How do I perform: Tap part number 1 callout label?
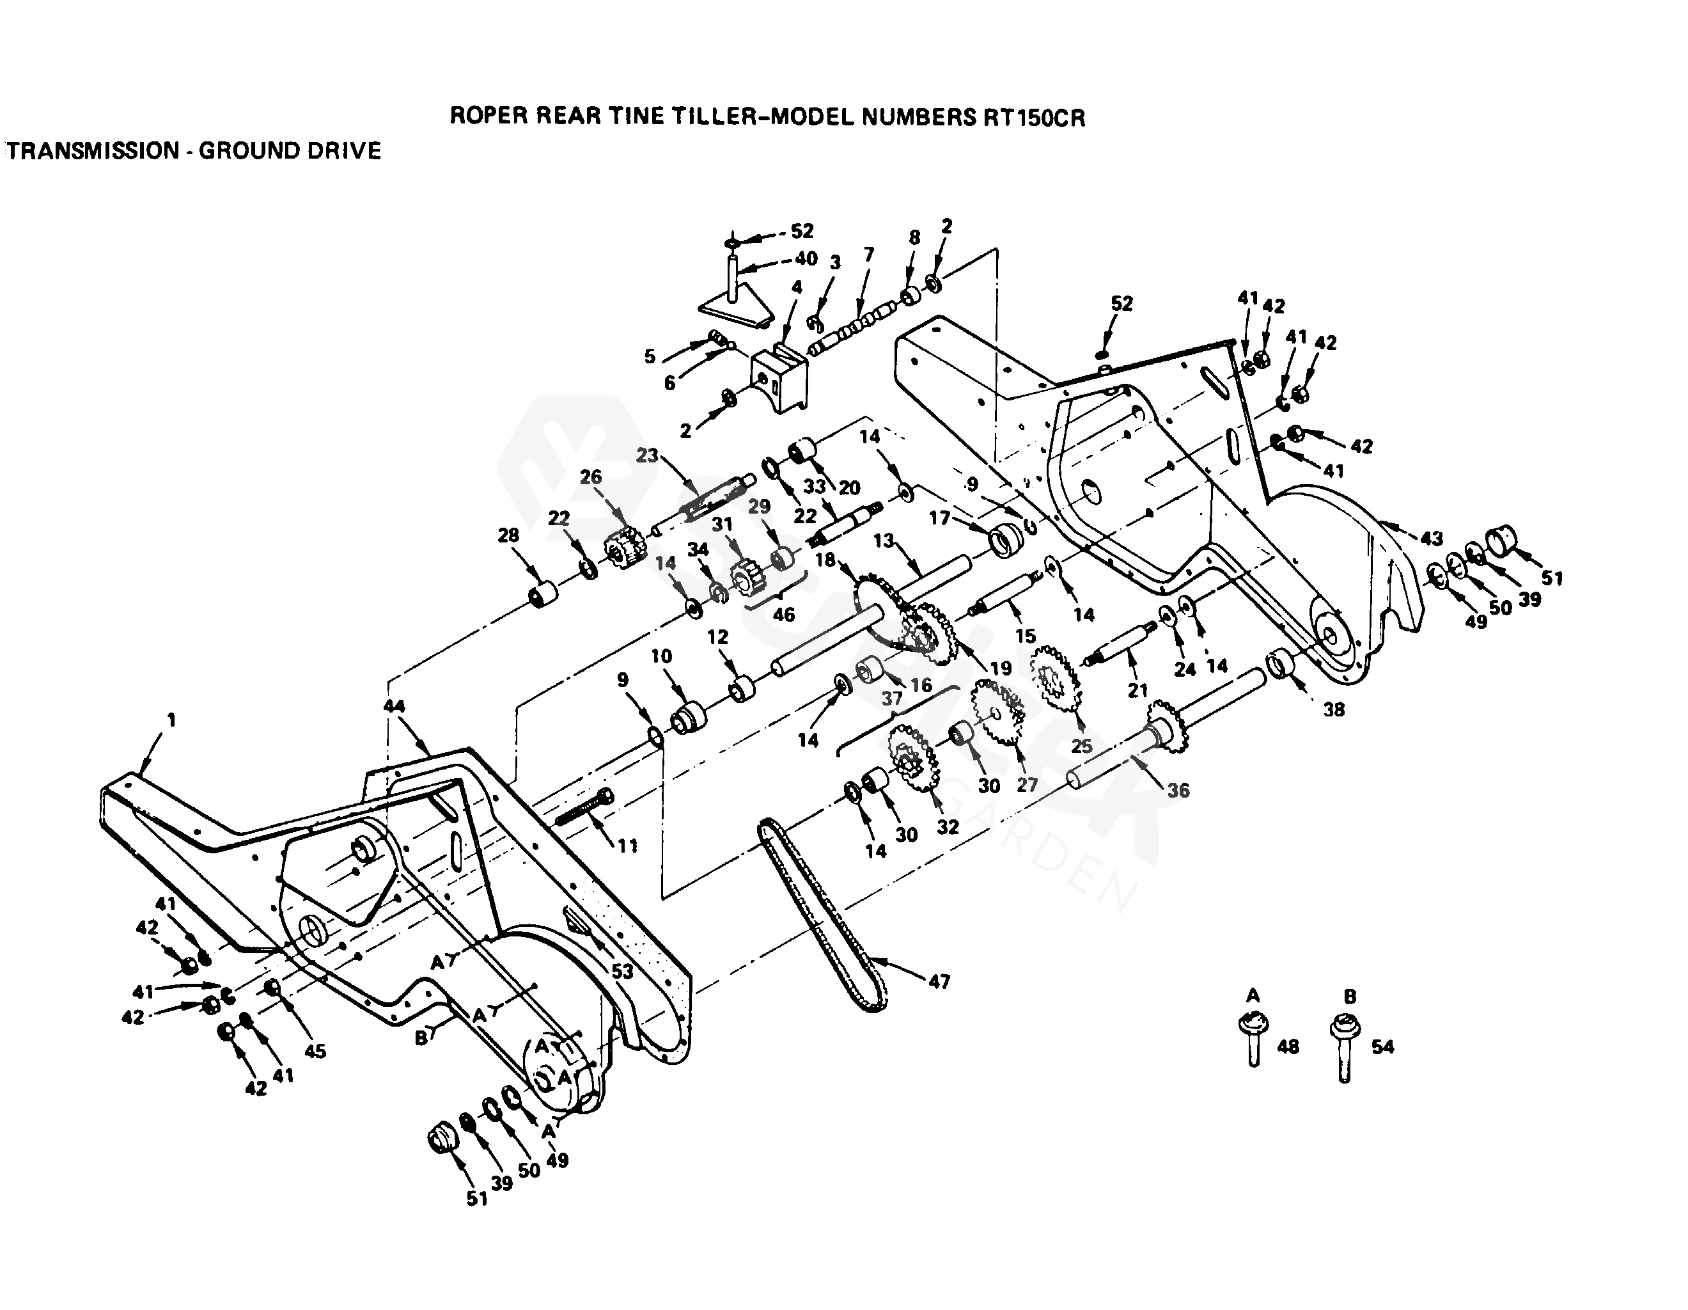coord(171,720)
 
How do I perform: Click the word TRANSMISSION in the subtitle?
coord(93,151)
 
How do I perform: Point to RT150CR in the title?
coord(1033,118)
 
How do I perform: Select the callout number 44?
coord(394,706)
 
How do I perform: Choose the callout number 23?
coord(647,455)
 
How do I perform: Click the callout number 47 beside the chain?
coord(939,981)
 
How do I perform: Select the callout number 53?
coord(622,971)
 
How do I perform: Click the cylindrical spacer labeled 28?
coord(543,596)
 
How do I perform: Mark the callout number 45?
coord(315,1051)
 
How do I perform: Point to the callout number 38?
coord(1334,709)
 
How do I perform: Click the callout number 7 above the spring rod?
coord(869,254)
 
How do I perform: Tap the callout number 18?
coord(825,560)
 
